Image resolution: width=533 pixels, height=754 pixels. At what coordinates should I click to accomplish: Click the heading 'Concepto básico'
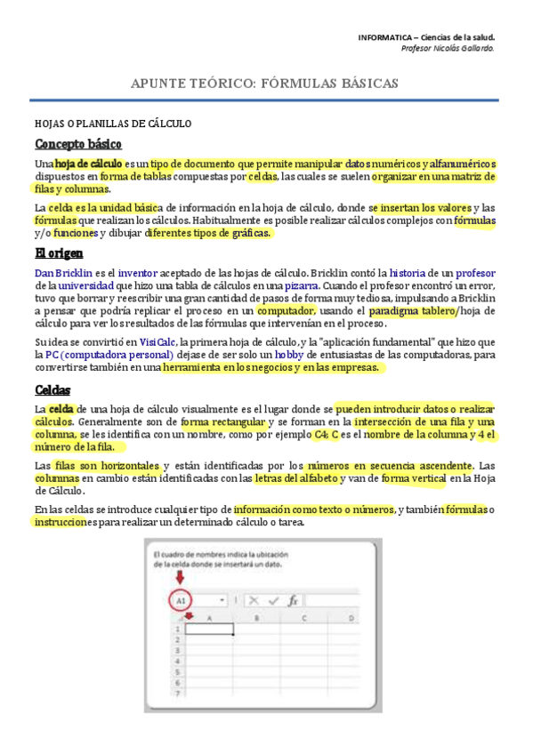pos(78,144)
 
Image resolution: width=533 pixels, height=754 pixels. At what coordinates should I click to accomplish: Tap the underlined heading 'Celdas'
pos(52,389)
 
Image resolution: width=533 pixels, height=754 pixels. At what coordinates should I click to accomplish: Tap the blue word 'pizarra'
pos(303,285)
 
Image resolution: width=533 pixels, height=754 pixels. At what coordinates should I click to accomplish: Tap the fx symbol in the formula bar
pos(293,600)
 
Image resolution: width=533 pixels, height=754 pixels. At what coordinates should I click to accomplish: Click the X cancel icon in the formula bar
pos(254,600)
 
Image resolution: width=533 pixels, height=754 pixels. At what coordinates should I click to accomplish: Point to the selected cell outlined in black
pos(206,630)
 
